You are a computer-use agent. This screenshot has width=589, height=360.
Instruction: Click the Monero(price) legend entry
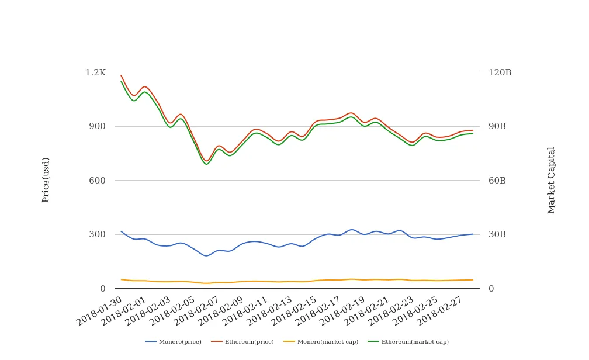[x=179, y=342]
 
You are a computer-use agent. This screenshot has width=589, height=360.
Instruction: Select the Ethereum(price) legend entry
[x=249, y=342]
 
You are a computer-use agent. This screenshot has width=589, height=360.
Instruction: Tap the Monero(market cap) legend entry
[x=327, y=342]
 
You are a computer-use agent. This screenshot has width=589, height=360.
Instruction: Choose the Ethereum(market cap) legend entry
[x=415, y=342]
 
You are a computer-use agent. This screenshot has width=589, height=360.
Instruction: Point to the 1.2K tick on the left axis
[x=95, y=72]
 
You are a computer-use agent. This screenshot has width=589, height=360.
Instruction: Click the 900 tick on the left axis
[x=98, y=126]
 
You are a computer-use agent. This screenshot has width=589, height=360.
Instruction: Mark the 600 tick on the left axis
[x=98, y=181]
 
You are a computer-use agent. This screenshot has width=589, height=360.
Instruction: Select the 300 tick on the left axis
[x=98, y=234]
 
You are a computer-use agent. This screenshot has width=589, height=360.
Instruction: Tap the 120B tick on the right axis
[x=500, y=72]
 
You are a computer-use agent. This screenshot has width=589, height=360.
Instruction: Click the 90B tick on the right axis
[x=497, y=126]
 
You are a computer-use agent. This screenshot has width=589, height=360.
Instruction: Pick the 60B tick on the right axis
[x=497, y=181]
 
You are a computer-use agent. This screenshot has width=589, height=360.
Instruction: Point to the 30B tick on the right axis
[x=497, y=234]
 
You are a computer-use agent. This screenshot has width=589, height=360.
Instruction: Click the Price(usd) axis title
[x=46, y=179]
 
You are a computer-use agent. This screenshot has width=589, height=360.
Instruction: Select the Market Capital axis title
[x=552, y=180]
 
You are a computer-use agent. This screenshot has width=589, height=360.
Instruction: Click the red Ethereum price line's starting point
[x=121, y=75]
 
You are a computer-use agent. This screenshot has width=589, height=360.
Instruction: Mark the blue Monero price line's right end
[x=473, y=234]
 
